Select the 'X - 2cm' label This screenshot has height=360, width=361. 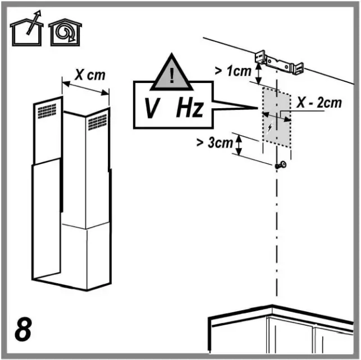[x=318, y=103]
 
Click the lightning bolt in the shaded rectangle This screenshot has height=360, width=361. [x=272, y=127]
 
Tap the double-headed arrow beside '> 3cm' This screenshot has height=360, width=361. [x=239, y=145]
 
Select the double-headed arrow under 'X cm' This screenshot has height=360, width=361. [x=86, y=90]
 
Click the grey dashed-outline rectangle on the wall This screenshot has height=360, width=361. [x=276, y=118]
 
